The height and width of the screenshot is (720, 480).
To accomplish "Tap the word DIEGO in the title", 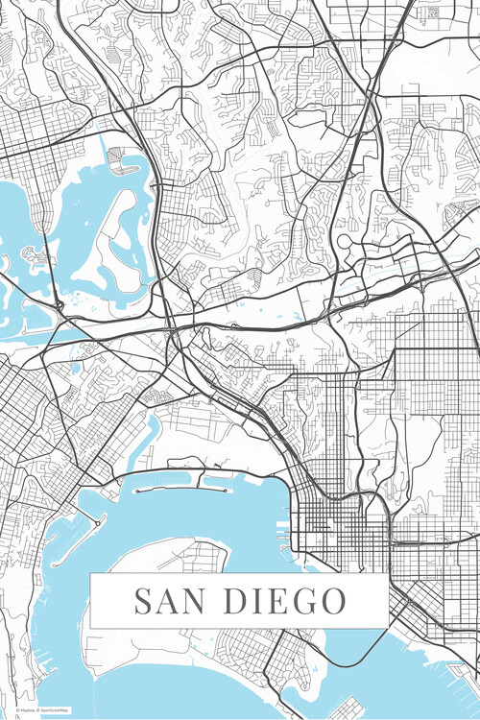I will pyautogui.click(x=285, y=602).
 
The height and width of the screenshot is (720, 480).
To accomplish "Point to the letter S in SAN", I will pyautogui.click(x=142, y=602).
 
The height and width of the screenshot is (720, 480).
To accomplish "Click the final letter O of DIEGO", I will pyautogui.click(x=332, y=602).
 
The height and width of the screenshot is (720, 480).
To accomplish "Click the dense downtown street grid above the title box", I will pyautogui.click(x=336, y=523).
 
